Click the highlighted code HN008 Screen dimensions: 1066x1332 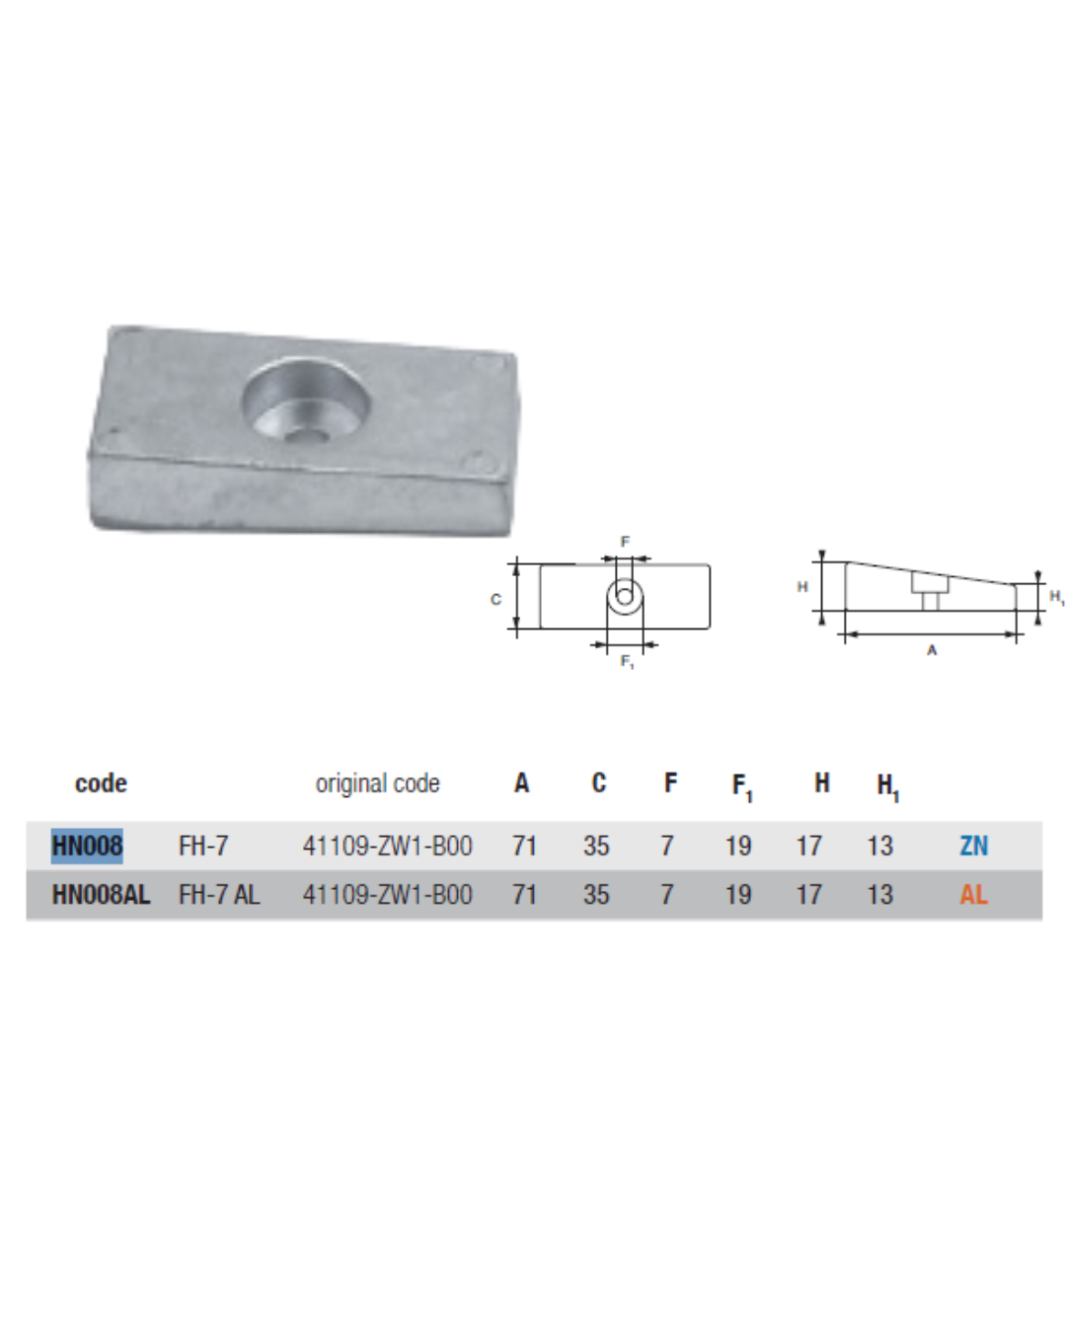[87, 846]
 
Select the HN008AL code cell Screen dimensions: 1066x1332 [101, 894]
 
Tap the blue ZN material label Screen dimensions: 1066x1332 [973, 846]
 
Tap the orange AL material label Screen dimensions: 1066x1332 [973, 894]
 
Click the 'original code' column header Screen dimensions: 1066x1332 [377, 783]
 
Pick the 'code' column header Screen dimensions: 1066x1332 [101, 783]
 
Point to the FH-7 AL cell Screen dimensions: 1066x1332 [219, 894]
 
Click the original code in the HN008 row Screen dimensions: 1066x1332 [387, 846]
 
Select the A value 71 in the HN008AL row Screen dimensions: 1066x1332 [524, 894]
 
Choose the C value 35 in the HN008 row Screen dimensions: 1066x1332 [596, 846]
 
